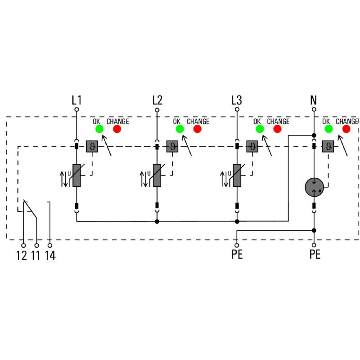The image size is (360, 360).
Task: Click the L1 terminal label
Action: (x=76, y=99)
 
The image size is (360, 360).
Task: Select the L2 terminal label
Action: (x=157, y=99)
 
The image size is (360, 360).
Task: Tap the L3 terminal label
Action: (x=237, y=99)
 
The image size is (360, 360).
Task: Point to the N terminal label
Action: (x=314, y=99)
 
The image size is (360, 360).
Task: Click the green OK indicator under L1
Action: (x=99, y=129)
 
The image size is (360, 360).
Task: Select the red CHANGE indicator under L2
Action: (x=197, y=129)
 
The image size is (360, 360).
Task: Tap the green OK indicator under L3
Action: (x=260, y=129)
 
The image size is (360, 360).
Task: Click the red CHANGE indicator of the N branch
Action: (x=346, y=129)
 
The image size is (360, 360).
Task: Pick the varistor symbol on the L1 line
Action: (x=76, y=175)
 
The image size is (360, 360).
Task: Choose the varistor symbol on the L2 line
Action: (x=157, y=175)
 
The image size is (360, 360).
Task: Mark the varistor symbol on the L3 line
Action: (x=237, y=175)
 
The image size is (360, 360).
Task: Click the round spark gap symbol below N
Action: (x=314, y=187)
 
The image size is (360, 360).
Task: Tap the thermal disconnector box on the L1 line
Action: (x=92, y=146)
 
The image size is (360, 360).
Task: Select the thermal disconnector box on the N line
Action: (x=329, y=146)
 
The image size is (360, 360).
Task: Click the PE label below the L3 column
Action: (x=237, y=255)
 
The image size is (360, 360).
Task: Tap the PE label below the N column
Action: (x=315, y=255)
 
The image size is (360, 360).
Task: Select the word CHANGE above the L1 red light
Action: (x=117, y=121)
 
